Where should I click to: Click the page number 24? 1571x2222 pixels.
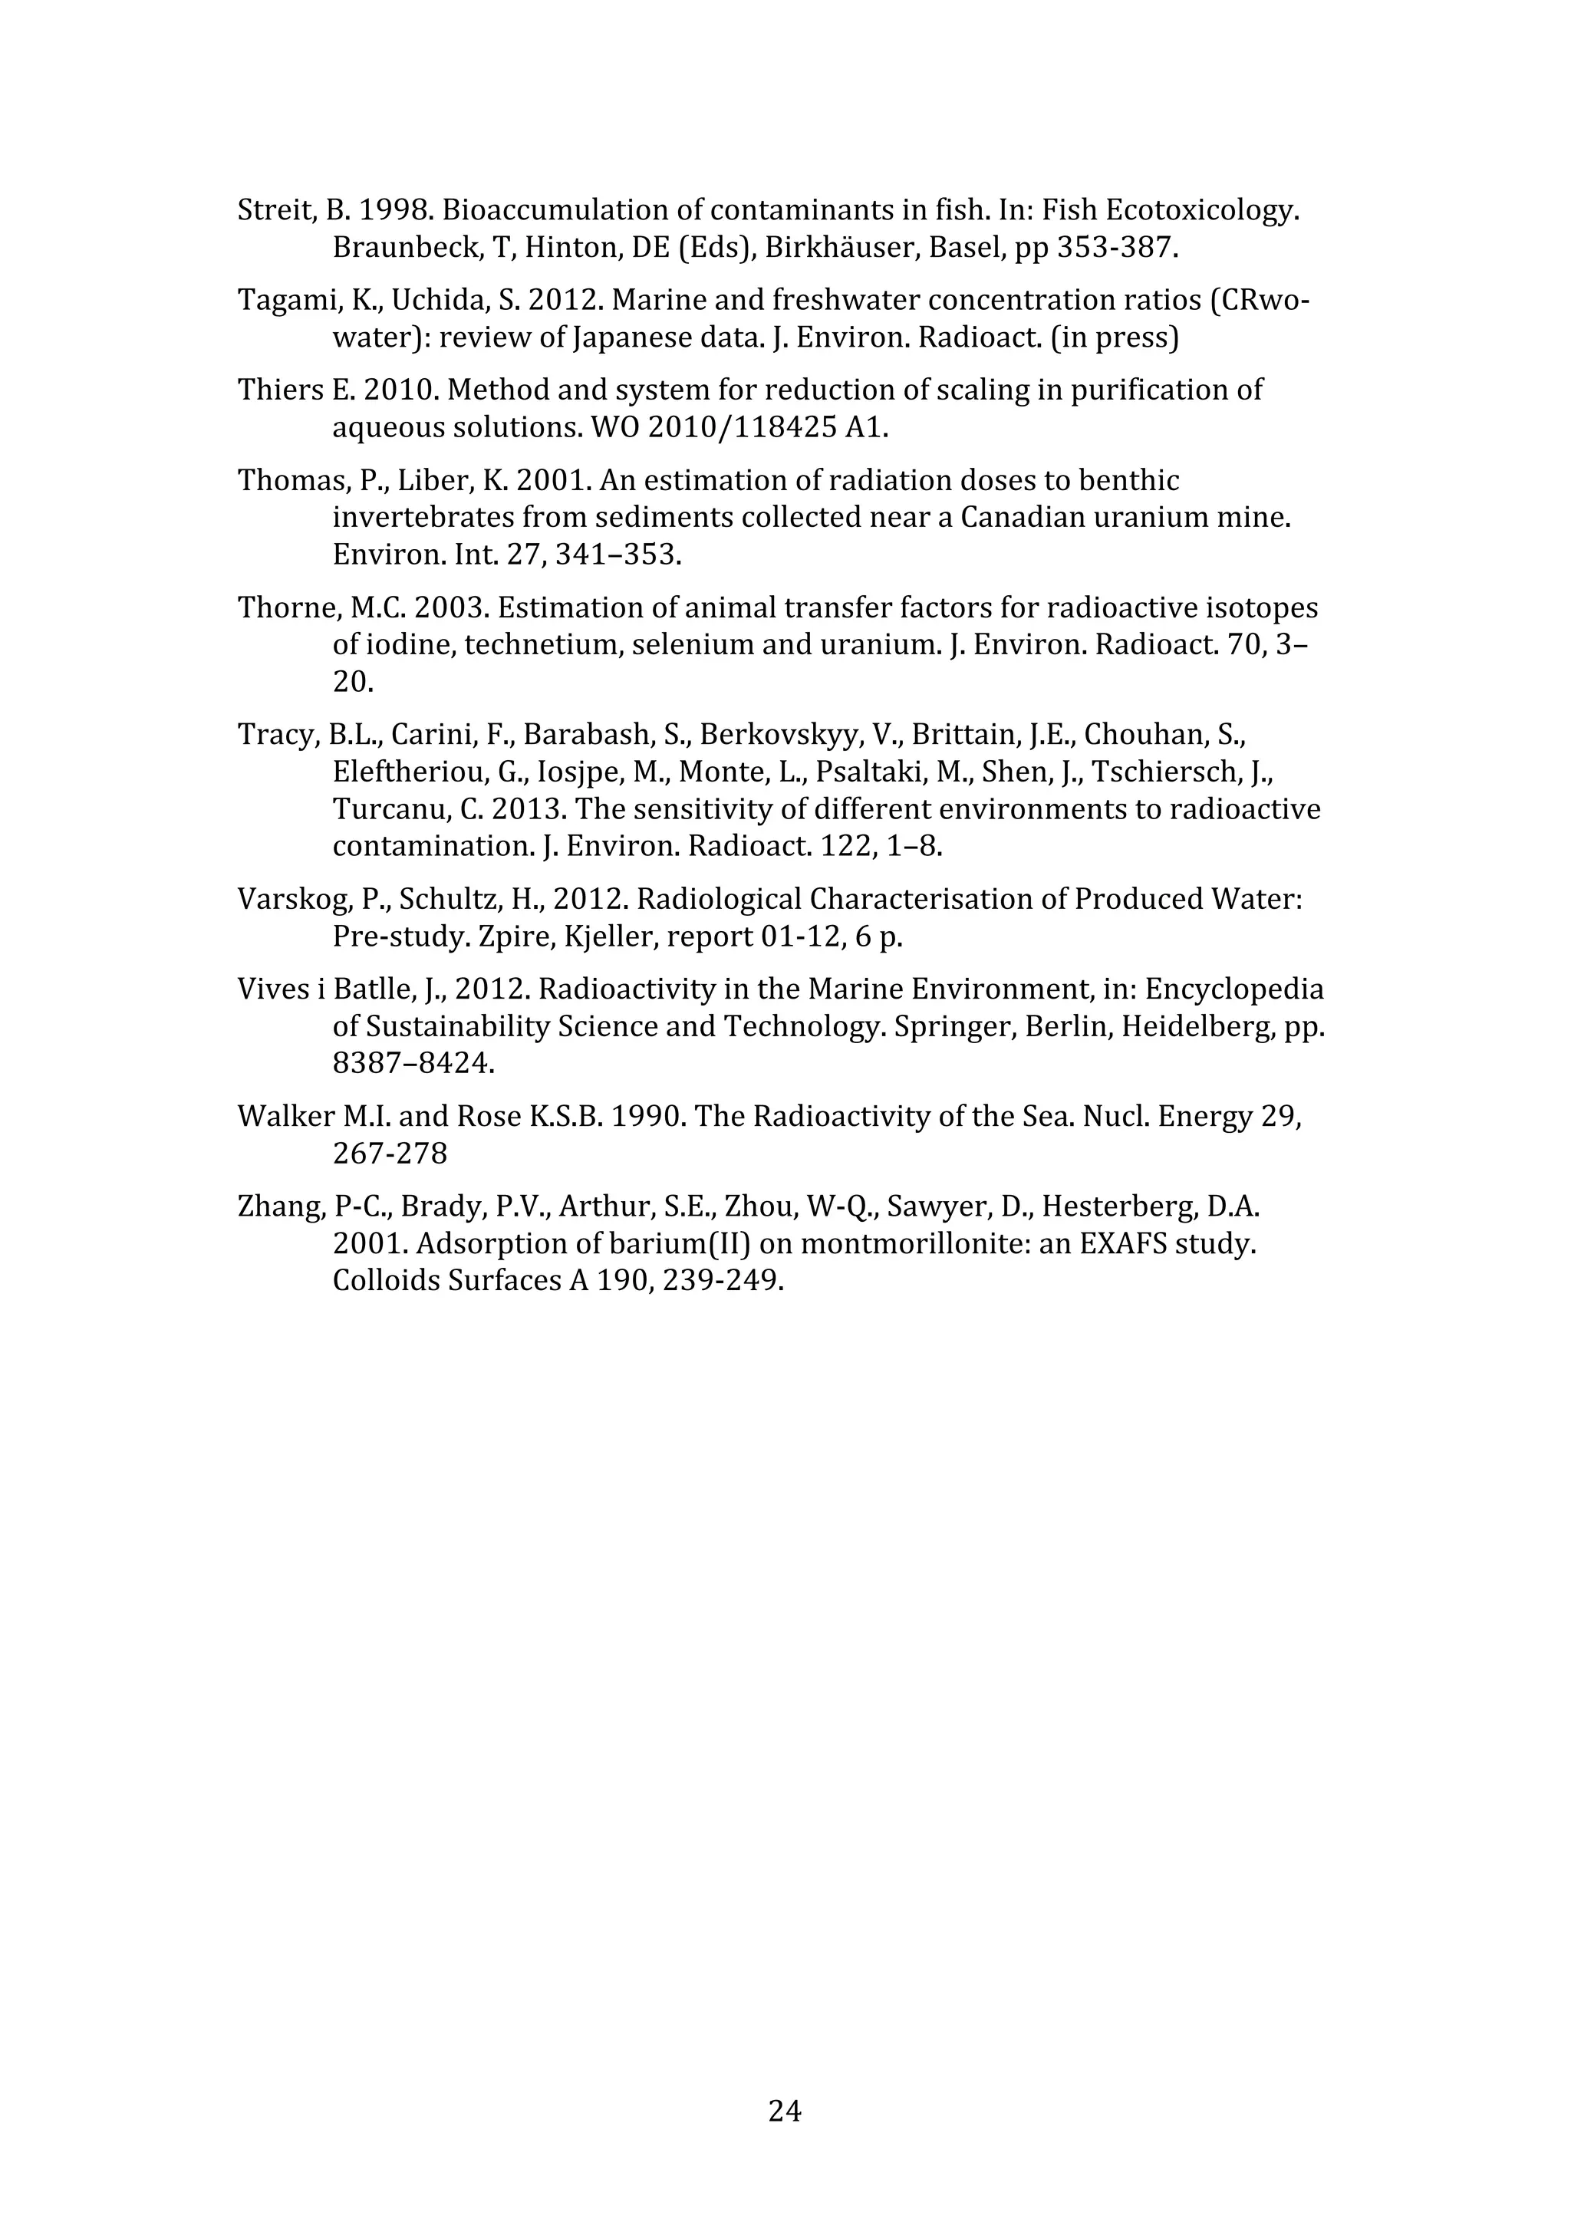pyautogui.click(x=784, y=2111)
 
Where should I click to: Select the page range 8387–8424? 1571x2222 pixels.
pyautogui.click(x=413, y=1065)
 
